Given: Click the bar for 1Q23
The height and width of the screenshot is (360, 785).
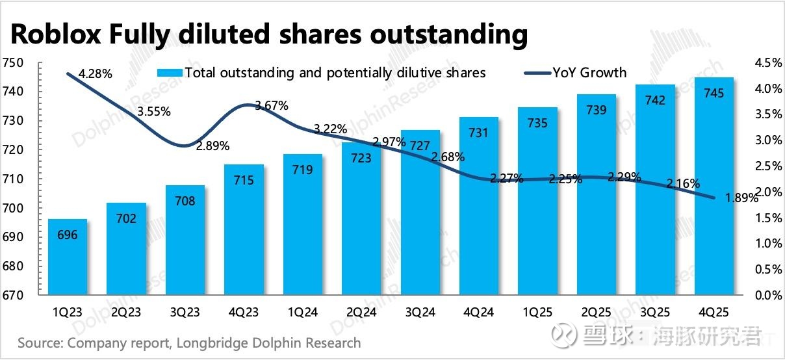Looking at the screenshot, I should pos(67,257).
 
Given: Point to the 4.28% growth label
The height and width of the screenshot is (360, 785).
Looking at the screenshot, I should pos(96,74).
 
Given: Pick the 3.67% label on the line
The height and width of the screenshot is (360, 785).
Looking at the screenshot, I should pos(272,105).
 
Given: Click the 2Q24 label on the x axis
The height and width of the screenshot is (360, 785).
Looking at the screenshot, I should pos(362,313).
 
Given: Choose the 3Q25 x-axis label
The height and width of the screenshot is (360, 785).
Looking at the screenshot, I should pos(655,313).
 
